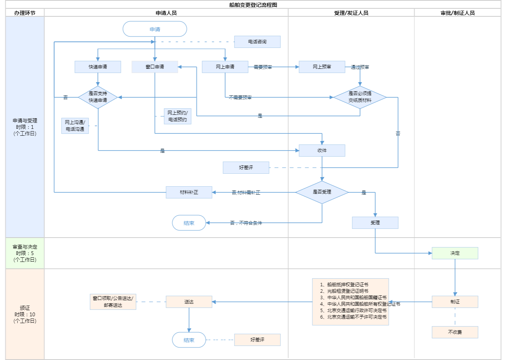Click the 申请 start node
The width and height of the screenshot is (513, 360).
[x=155, y=29]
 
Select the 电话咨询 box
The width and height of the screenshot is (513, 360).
[x=257, y=42]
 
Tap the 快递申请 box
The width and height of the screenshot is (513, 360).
[x=98, y=67]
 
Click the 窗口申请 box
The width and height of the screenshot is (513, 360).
[x=155, y=67]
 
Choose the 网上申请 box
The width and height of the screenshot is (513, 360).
[x=225, y=67]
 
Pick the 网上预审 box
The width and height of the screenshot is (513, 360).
[x=322, y=67]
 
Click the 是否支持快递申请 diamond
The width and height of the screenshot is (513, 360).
[x=98, y=97]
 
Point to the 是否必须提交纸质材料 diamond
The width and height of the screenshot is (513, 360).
[x=360, y=97]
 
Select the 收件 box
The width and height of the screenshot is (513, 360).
[x=322, y=151]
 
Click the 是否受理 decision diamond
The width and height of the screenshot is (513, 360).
[x=322, y=192]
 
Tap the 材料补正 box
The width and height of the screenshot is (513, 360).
[x=189, y=192]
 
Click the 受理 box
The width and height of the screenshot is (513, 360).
[x=375, y=223]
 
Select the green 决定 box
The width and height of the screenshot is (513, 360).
[x=455, y=253]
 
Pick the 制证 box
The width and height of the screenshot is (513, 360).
[x=455, y=302]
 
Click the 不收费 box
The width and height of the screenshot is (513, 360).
[x=455, y=332]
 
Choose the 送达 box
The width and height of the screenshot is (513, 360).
[x=189, y=302]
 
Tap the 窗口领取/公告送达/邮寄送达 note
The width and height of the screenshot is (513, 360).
[x=113, y=302]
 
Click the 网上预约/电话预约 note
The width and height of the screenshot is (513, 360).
[x=177, y=116]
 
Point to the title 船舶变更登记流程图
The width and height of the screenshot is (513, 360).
[x=253, y=5]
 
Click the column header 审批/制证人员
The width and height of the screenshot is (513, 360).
[x=458, y=13]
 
